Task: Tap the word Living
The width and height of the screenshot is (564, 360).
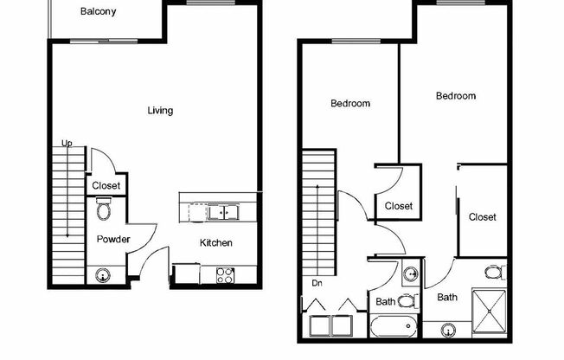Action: pos(160,111)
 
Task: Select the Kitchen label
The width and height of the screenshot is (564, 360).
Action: pos(216,243)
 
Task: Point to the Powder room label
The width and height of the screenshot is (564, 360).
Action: pos(113,240)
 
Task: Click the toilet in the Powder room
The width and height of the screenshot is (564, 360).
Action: pos(105,210)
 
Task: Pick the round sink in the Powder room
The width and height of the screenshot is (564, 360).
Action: pos(104,276)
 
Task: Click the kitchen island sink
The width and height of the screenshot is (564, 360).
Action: pos(223,211)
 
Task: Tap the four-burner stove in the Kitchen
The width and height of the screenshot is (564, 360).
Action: pos(224,276)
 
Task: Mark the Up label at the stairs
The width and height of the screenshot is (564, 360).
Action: pos(67,144)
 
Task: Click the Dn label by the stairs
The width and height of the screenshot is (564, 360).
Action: pos(317,283)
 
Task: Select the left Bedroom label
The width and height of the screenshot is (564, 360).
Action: pos(350,104)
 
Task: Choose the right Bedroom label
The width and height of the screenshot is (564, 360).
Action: pos(455,96)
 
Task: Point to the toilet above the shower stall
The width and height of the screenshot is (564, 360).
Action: pos(494,273)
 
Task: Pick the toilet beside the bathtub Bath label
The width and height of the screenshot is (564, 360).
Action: pos(408,301)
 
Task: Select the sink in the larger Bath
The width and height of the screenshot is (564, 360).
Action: pos(449,330)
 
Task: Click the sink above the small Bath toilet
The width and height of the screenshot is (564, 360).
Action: pos(408,274)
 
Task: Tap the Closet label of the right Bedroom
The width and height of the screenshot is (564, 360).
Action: pos(482,217)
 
